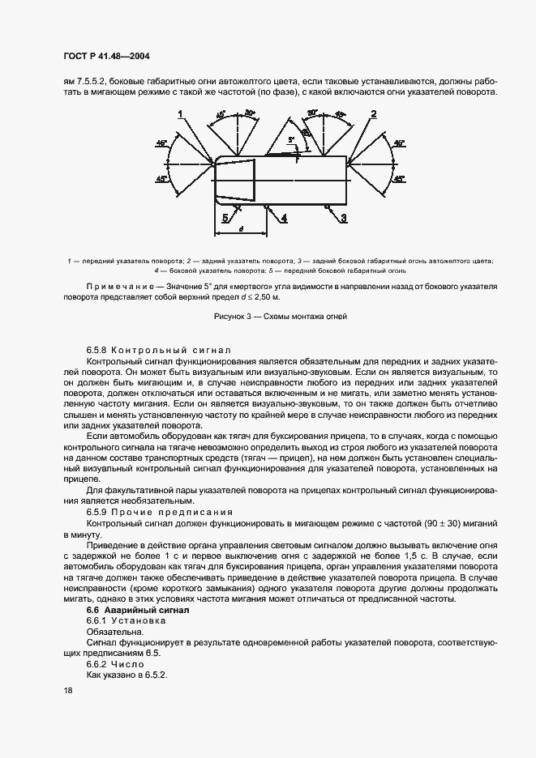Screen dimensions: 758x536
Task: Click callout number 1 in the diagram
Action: point(181,114)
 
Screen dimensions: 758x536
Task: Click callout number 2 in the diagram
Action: point(373,114)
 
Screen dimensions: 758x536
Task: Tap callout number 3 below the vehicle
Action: point(344,218)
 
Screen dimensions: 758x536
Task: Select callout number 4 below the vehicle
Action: point(284,218)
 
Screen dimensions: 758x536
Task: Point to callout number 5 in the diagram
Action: point(225,217)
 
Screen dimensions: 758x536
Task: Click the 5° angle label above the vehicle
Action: point(290,140)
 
